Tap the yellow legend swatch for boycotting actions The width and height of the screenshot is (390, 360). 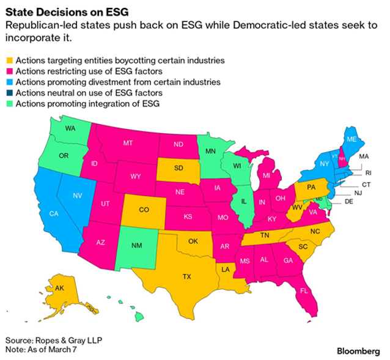[x=9, y=61]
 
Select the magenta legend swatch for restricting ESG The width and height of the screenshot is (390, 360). [x=9, y=72]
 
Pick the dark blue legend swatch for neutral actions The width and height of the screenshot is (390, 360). [x=9, y=93]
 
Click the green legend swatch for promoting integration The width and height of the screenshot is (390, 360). [x=9, y=104]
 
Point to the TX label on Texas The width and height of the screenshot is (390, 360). [x=187, y=276]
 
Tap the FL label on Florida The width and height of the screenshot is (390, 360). [x=304, y=291]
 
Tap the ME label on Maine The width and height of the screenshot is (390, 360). [x=351, y=139]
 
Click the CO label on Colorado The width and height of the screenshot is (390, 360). [x=144, y=210]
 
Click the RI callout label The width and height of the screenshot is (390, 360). [x=359, y=173]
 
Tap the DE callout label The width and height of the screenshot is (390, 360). [x=349, y=201]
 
